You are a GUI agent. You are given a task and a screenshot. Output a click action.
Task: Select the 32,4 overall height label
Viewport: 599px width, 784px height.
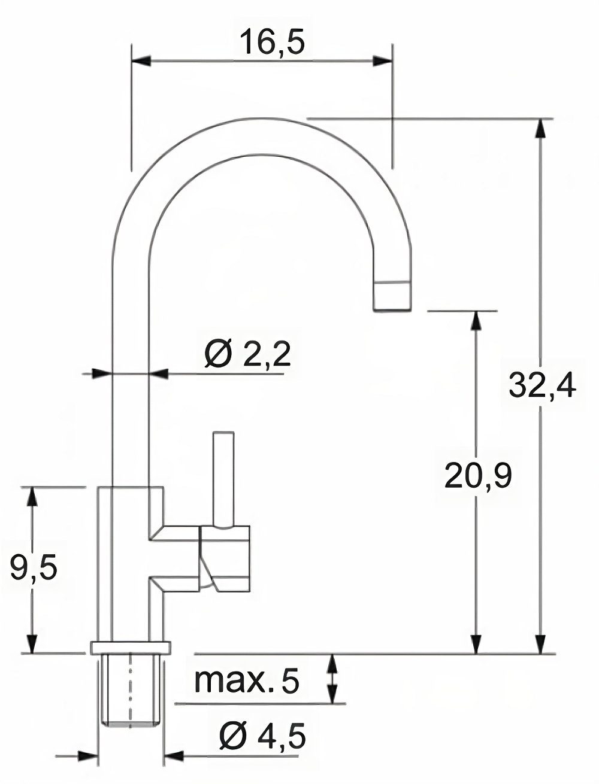[542, 386]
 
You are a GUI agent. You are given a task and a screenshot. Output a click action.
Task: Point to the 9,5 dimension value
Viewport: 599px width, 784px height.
[34, 568]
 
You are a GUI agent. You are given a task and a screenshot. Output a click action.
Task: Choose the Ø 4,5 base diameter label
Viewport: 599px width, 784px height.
[262, 736]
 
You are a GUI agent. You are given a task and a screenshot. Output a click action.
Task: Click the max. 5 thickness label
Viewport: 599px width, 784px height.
[246, 681]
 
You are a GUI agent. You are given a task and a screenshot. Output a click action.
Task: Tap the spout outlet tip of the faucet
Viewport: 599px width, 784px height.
[392, 297]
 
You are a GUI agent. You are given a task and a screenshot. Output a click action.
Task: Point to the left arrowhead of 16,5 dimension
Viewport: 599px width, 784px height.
[140, 60]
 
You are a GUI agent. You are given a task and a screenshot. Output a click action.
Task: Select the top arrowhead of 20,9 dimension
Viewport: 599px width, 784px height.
[476, 321]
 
